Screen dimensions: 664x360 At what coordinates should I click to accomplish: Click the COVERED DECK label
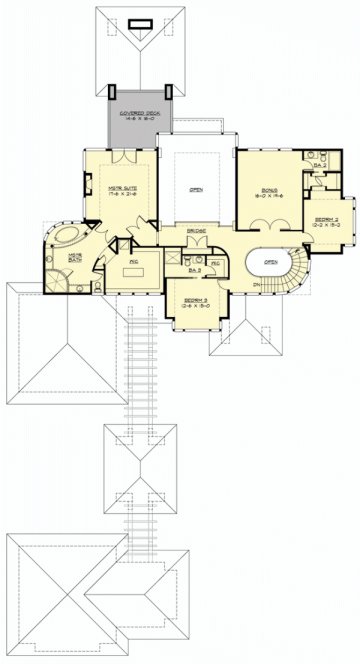point(135,113)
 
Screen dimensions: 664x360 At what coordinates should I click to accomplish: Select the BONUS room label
point(269,188)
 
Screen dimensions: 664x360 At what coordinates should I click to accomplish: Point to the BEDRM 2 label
point(327,219)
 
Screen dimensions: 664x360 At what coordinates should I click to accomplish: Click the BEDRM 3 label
point(194,299)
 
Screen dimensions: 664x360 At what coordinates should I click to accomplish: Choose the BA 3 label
point(195,269)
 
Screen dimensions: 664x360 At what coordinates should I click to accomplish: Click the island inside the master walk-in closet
point(134,262)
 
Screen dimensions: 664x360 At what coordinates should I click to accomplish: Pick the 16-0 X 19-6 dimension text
point(269,196)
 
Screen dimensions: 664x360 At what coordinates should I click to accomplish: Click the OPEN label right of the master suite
point(196,188)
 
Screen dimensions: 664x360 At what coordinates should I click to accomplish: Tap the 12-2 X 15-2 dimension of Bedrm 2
point(327,226)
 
